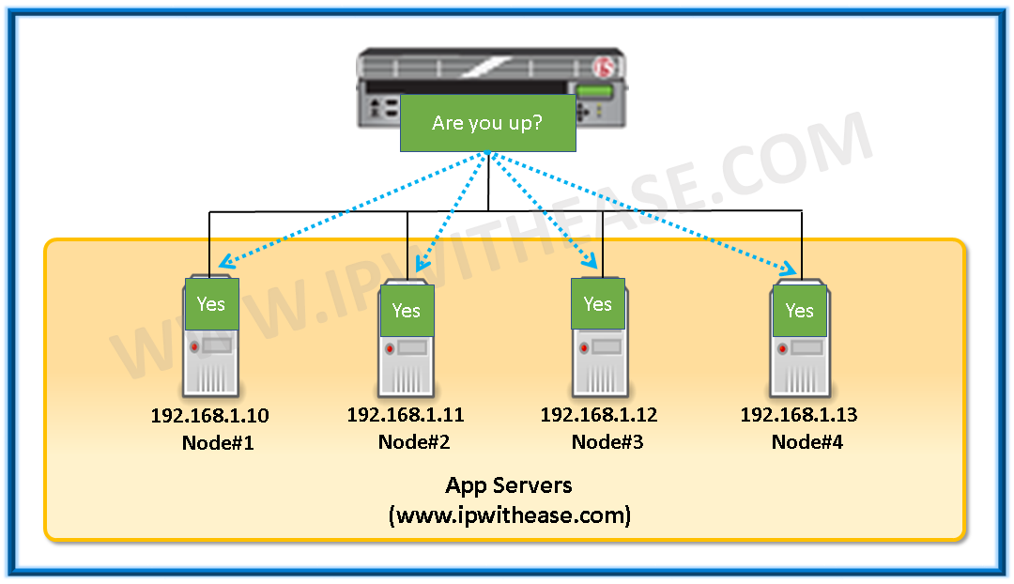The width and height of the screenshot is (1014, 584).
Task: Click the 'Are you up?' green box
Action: (x=487, y=123)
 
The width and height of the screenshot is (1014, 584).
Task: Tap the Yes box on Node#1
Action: (x=211, y=303)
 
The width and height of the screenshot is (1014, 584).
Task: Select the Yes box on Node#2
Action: (x=407, y=310)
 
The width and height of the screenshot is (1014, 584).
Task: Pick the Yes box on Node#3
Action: (x=598, y=303)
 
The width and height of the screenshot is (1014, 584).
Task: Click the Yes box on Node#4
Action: (x=800, y=310)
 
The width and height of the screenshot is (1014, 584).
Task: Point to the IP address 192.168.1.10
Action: (x=211, y=416)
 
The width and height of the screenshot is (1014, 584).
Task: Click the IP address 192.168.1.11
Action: (x=406, y=414)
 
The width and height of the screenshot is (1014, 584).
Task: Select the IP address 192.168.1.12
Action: (x=599, y=414)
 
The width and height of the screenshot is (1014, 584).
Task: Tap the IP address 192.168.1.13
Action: (x=799, y=414)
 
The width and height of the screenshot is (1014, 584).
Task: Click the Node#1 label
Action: (x=218, y=442)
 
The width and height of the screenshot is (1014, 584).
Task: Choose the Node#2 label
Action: (x=414, y=441)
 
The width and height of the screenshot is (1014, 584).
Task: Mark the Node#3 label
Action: (x=607, y=441)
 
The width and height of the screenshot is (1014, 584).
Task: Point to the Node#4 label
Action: (x=807, y=441)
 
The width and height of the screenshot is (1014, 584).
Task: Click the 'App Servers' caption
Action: (x=509, y=485)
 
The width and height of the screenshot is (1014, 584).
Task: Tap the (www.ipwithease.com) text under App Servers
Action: (x=509, y=515)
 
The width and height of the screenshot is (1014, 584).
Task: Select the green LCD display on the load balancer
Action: (x=593, y=92)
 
